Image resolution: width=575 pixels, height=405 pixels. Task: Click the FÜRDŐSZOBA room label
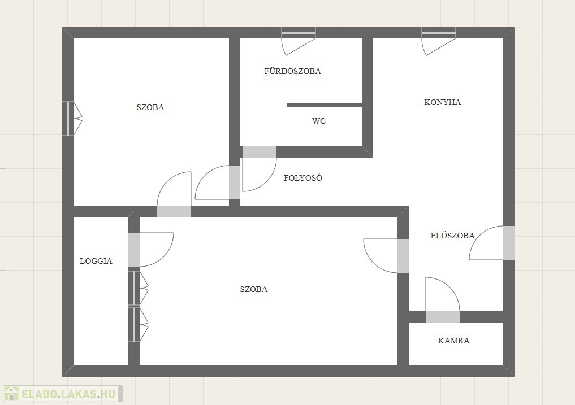point(293,71)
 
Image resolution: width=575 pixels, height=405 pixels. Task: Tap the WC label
point(319,121)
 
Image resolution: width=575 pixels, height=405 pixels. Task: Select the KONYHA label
point(442,102)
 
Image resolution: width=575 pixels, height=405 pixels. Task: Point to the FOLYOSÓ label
point(303,178)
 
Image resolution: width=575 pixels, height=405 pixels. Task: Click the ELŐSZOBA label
point(452,236)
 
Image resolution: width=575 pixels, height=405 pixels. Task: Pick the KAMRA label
point(453,341)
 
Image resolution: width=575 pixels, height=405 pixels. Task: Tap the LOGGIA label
point(96,261)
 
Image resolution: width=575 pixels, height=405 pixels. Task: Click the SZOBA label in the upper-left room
point(150,107)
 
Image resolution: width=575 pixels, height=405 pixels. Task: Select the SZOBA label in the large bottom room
point(254,289)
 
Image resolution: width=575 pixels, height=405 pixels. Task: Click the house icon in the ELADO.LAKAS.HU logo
point(11,394)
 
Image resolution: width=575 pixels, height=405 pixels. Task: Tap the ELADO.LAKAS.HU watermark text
point(68,394)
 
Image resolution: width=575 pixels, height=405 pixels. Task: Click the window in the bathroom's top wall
point(299,33)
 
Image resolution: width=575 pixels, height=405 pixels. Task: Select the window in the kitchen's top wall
point(439,33)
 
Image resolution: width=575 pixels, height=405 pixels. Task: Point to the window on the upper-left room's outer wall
point(68,119)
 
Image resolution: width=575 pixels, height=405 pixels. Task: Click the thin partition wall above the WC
point(324,105)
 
